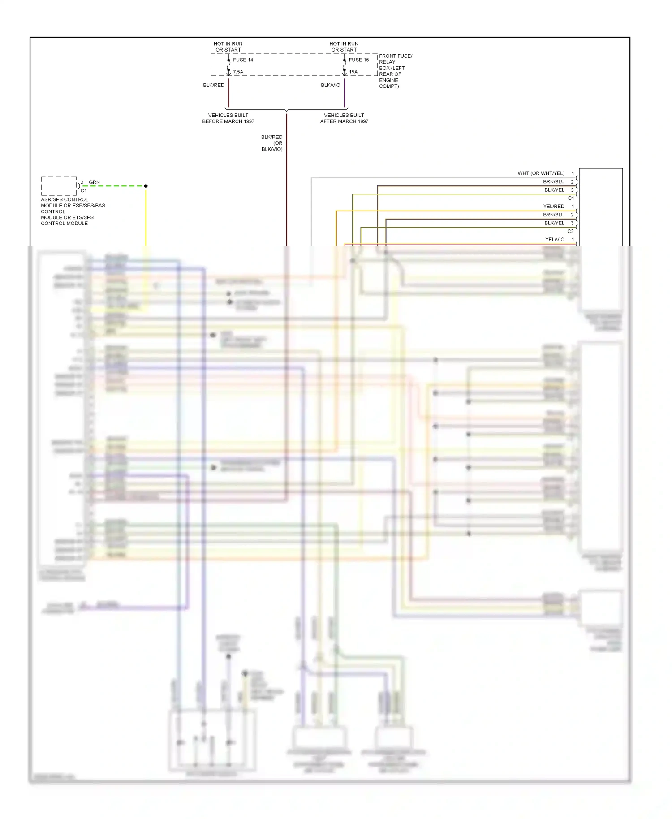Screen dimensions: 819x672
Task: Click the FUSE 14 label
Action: tap(243, 60)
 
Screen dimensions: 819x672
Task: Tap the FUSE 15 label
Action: tap(359, 60)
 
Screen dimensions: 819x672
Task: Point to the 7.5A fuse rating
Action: tap(238, 72)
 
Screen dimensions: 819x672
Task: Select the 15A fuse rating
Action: tap(353, 72)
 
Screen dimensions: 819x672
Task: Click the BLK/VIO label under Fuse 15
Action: tap(330, 85)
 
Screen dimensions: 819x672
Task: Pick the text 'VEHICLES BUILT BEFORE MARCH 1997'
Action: tap(228, 118)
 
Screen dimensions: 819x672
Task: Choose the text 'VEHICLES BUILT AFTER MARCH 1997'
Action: tap(344, 118)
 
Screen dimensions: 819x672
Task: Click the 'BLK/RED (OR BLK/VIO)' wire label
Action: tap(272, 143)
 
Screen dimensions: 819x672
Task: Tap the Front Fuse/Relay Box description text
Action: tap(395, 71)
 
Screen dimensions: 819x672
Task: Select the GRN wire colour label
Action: tap(94, 182)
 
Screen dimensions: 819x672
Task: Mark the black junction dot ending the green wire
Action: tap(146, 186)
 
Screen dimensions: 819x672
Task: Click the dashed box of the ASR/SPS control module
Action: tap(59, 185)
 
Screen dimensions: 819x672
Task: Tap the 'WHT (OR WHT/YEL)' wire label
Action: tap(541, 173)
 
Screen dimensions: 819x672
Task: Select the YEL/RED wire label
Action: tap(554, 207)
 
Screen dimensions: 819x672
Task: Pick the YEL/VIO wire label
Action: tap(555, 240)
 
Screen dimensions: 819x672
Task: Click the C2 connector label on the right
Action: tap(570, 231)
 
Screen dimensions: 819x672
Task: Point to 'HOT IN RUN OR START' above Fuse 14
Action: tap(228, 47)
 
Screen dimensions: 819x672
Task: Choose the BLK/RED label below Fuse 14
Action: tap(214, 85)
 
